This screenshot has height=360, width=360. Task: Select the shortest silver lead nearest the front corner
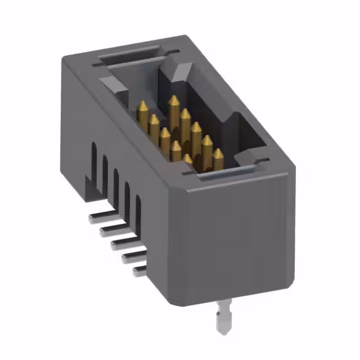click(x=139, y=271)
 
